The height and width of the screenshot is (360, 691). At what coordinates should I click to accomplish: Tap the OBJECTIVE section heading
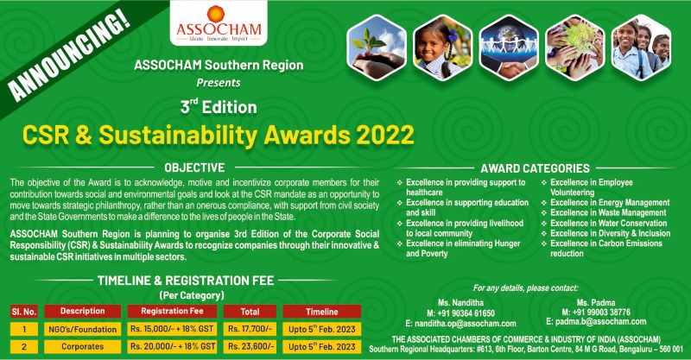click(x=196, y=167)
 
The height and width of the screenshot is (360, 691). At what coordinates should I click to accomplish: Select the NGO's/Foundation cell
click(x=82, y=328)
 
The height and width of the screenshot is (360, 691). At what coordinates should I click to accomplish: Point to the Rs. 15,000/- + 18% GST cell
click(x=171, y=328)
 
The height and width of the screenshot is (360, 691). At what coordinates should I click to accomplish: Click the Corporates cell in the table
click(x=82, y=347)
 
